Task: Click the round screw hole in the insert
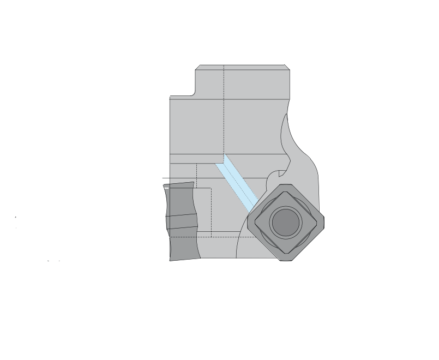pos(285,223)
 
